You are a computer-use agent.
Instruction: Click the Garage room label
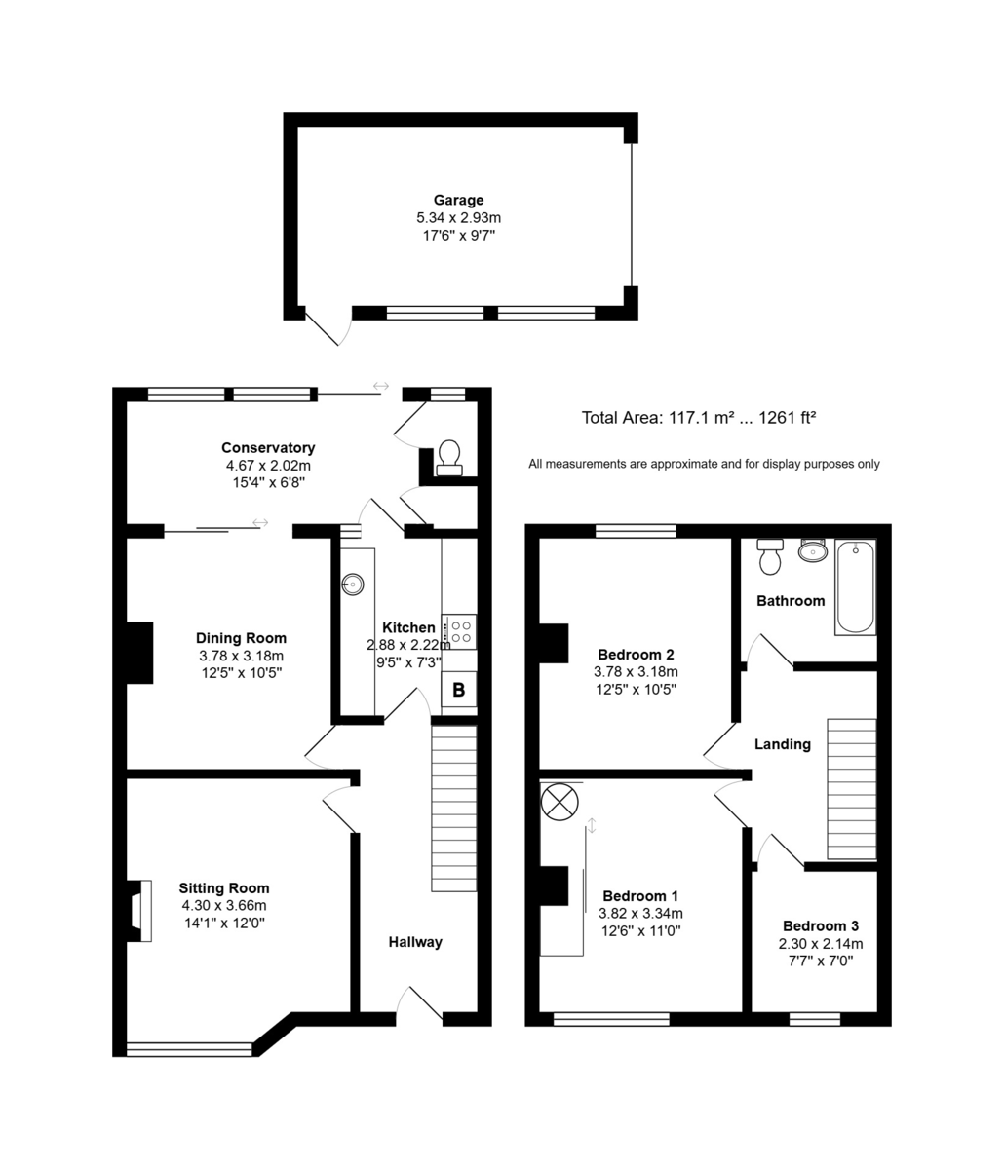click(458, 200)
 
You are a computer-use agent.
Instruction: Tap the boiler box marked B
click(459, 690)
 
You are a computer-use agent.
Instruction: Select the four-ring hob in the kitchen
click(459, 631)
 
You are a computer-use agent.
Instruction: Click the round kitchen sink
click(353, 584)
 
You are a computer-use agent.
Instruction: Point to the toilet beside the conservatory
click(449, 458)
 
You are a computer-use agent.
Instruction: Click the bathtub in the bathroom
click(855, 587)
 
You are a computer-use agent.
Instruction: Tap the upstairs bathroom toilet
click(770, 556)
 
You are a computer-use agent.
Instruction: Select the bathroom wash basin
click(813, 549)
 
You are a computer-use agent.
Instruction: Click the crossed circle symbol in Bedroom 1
click(560, 802)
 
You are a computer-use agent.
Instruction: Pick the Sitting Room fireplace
click(139, 911)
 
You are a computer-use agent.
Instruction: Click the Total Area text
click(699, 418)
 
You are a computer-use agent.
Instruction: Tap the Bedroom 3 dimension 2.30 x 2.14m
click(821, 943)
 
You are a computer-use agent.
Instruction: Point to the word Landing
click(783, 744)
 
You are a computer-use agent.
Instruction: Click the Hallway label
click(415, 942)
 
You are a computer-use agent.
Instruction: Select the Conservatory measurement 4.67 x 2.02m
click(268, 466)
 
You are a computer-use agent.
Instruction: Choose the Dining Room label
click(241, 638)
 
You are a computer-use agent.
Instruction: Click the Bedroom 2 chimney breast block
click(554, 643)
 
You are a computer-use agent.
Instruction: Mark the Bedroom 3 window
click(815, 1019)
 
